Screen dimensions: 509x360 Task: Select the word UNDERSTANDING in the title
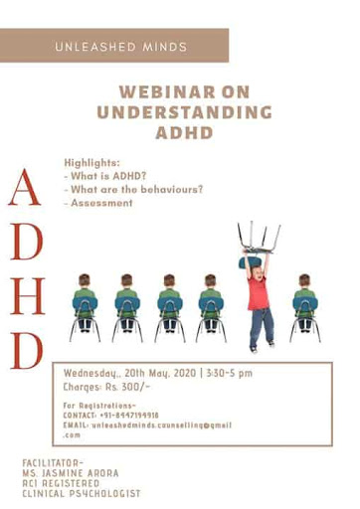tap(184, 112)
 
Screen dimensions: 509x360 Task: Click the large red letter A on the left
tap(27, 188)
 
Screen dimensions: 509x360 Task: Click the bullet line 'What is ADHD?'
tap(105, 174)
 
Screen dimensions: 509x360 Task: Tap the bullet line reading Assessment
tap(99, 202)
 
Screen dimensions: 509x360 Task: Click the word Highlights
tap(90, 160)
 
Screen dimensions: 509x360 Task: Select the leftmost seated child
tap(85, 302)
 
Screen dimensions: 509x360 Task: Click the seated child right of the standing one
tap(305, 302)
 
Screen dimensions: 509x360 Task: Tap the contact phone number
tap(128, 416)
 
